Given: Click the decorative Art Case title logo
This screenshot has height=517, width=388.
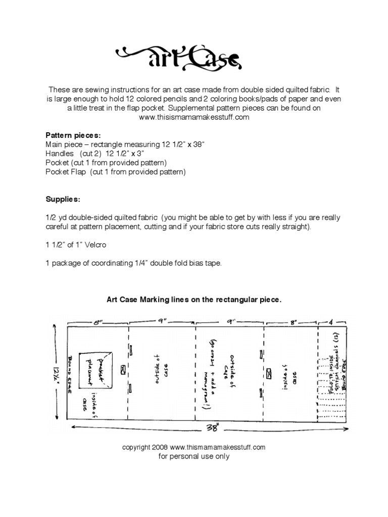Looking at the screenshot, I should pos(194,55).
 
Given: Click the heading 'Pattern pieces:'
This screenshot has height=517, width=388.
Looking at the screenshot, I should pos(73,135).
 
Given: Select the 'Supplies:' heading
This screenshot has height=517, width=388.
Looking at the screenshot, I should pos(62,199).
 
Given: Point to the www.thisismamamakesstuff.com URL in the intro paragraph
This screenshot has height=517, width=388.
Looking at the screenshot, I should pos(193,117).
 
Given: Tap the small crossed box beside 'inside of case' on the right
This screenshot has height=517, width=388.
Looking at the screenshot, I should pos(269,373).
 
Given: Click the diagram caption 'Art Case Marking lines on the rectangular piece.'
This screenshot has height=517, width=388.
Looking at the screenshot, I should pos(193,299).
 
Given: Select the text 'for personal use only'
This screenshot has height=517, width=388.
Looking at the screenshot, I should pos(194,456).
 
